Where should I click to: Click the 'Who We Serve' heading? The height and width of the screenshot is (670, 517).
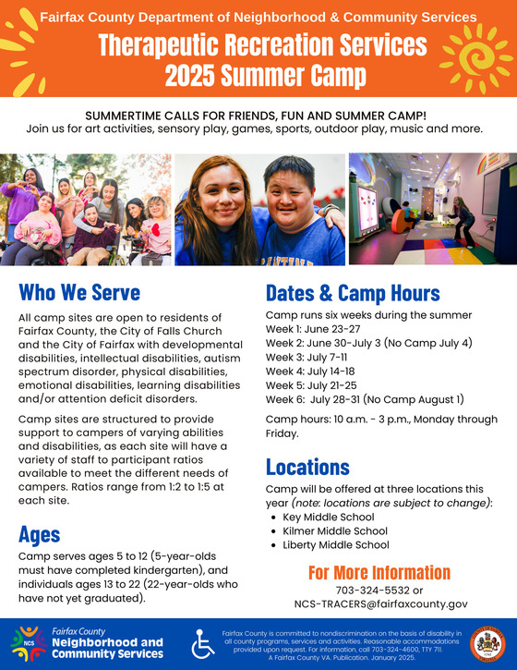pos(78,293)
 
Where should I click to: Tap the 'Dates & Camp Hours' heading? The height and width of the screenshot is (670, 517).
pos(352,293)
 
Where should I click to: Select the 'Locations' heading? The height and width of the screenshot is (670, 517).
pos(307,466)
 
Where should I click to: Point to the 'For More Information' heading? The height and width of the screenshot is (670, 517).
pos(379,572)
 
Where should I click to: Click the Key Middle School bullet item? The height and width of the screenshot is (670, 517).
pos(330,517)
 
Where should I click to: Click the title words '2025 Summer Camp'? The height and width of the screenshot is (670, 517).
pos(259,75)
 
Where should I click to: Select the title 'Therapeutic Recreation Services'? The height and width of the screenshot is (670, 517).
pos(259,44)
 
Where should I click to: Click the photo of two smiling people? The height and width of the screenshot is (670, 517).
pos(259,209)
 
